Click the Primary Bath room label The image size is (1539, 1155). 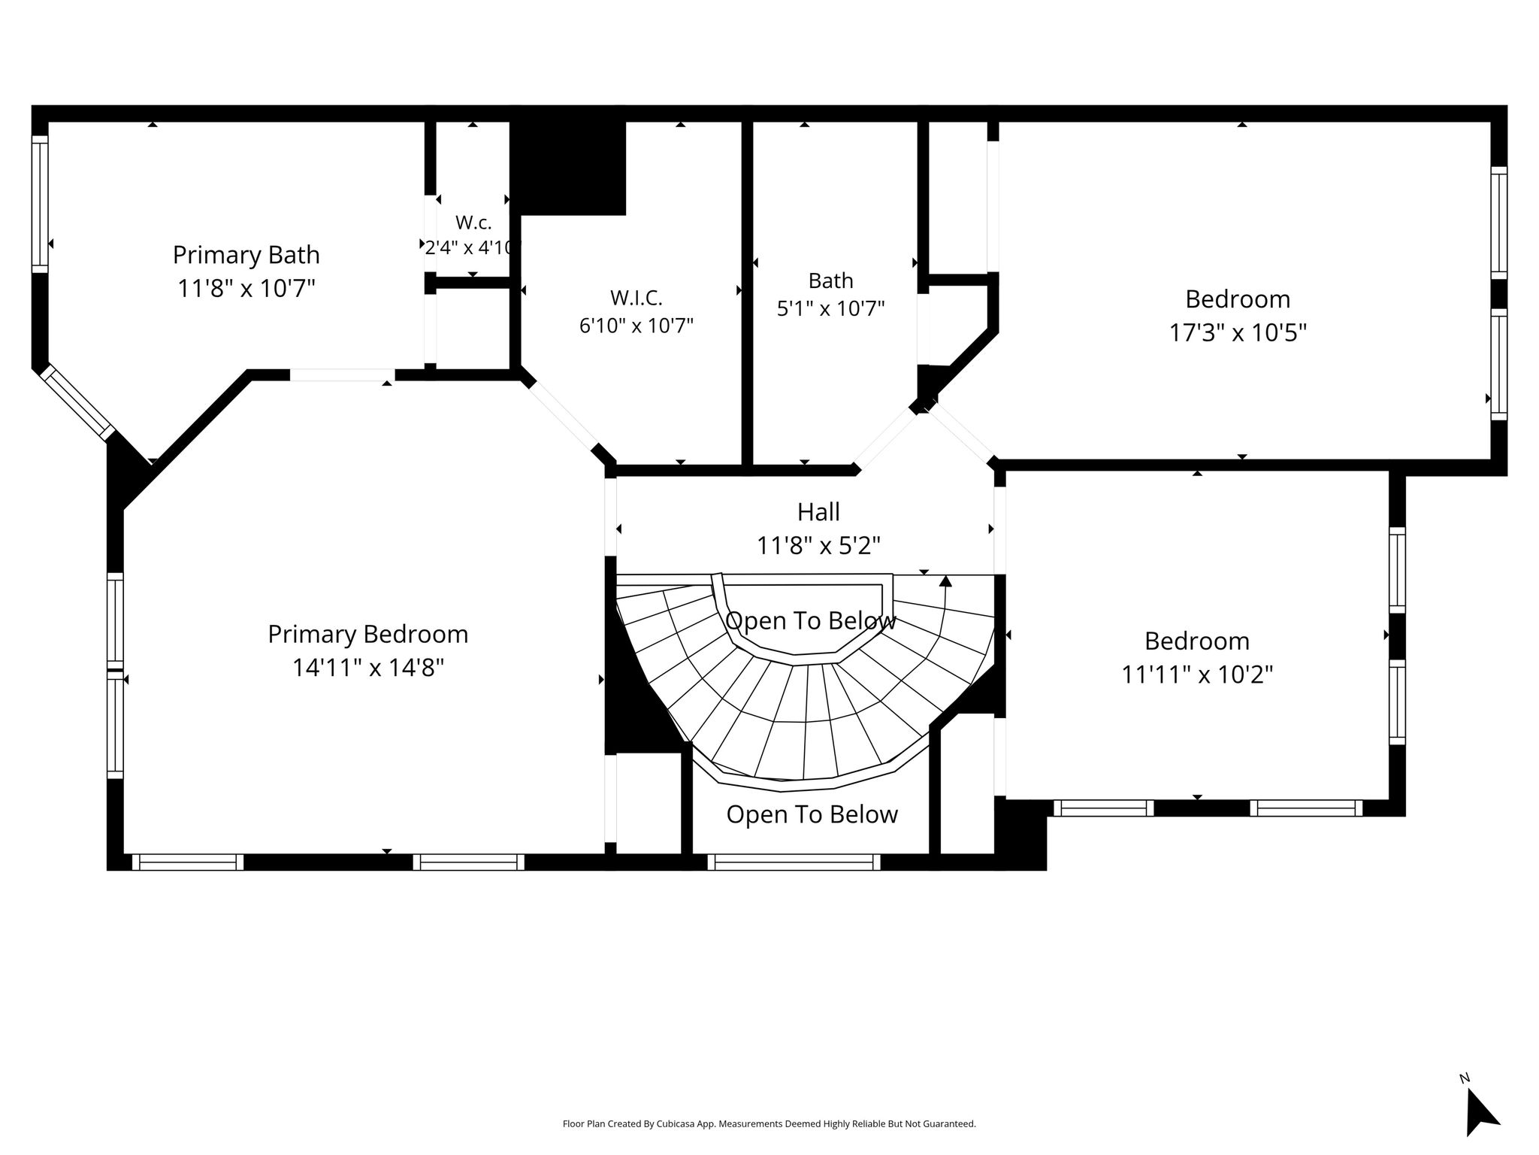[246, 255]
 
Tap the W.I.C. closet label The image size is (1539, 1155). [636, 298]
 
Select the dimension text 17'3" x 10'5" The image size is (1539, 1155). [1238, 332]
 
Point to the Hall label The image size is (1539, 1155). [818, 512]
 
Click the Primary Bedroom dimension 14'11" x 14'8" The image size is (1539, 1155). [368, 667]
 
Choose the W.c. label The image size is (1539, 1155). [473, 223]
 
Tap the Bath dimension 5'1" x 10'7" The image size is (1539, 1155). [830, 308]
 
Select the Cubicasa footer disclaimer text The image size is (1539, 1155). [769, 1124]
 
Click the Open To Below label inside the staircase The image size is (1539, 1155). [811, 621]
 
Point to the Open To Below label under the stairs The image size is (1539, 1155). [812, 814]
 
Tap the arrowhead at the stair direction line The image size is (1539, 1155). [945, 581]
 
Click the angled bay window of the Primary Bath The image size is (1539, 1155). [77, 402]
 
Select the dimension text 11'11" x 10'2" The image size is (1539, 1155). [1197, 675]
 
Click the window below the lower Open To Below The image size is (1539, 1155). [794, 862]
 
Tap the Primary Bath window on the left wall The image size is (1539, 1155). [40, 204]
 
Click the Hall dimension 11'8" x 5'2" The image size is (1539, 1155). [818, 545]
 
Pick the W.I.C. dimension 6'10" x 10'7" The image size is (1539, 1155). [636, 326]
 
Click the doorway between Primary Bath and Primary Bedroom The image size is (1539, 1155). [343, 375]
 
